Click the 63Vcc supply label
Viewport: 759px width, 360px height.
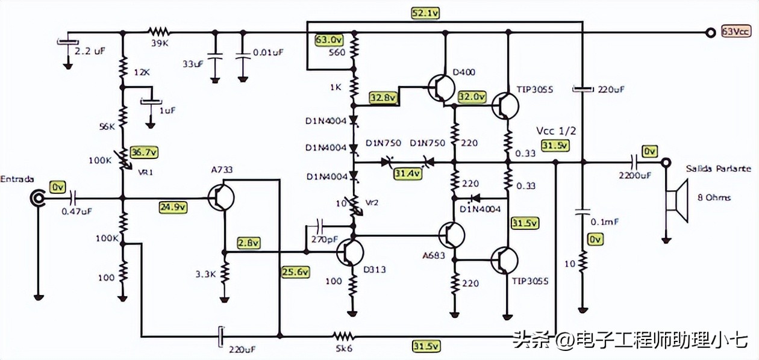click(x=736, y=32)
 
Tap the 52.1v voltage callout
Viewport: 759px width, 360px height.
click(x=425, y=13)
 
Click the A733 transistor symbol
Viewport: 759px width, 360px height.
click(x=221, y=197)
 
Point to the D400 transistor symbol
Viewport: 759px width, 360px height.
click(x=443, y=88)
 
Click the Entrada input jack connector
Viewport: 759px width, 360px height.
click(x=38, y=197)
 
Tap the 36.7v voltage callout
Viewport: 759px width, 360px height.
click(x=145, y=152)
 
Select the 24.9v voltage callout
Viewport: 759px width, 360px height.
click(x=173, y=207)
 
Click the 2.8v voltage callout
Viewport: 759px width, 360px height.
click(x=248, y=243)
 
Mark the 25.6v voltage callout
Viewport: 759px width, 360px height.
click(x=295, y=272)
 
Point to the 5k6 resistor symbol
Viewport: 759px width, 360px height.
click(x=344, y=335)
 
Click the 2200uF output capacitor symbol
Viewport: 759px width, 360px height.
click(x=634, y=163)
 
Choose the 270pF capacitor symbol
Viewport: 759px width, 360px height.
click(x=319, y=227)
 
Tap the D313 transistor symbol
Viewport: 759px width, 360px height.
click(x=350, y=251)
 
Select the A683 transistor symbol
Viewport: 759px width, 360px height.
click(x=452, y=234)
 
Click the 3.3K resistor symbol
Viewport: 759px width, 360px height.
click(x=224, y=274)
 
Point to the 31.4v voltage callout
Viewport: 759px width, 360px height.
click(x=408, y=173)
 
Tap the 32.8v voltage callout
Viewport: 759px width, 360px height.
click(x=383, y=97)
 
